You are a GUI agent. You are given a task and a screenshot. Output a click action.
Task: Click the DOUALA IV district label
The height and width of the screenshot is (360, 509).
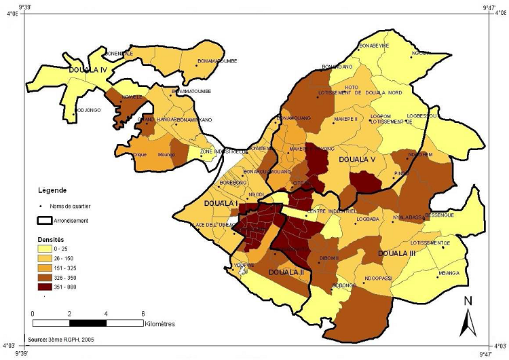point(88,69)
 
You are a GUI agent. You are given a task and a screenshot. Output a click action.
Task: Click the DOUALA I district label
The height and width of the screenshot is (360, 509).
point(220,203)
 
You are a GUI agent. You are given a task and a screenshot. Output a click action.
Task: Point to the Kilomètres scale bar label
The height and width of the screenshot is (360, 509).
point(160,324)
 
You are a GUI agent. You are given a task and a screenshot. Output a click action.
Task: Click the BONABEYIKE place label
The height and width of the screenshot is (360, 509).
point(375,46)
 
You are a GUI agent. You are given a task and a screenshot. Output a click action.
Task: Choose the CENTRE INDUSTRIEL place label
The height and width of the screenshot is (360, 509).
point(332,211)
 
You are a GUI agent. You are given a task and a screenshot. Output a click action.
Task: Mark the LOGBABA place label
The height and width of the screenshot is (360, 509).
point(366,219)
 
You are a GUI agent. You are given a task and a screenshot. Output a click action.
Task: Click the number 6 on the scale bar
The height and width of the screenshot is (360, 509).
point(143,313)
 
